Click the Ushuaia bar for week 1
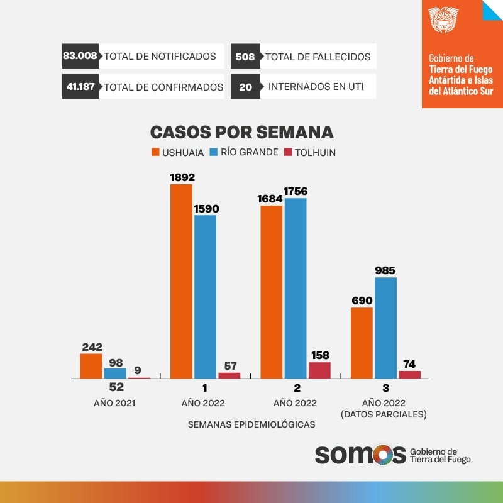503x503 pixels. pos(181,281)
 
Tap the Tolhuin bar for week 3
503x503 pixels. pos(409,375)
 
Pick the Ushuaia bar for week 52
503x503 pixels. pos(91,366)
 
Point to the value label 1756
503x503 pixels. pos(296,191)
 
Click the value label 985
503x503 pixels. pos(385,270)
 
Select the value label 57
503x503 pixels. pos(229,365)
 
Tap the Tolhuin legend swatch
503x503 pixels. pos(289,152)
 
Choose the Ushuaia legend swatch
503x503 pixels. pos(155,152)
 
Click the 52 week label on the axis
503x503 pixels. pos(116,388)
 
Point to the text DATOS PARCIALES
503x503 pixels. pos(383,414)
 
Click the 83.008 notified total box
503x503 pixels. pos(80,56)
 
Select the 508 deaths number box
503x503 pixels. pos(245,57)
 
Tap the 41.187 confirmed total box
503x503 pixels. pos(80,87)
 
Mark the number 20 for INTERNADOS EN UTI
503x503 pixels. pos(245,87)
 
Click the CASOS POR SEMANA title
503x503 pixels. pos(241,132)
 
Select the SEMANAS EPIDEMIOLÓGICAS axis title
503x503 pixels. pos(251,424)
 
